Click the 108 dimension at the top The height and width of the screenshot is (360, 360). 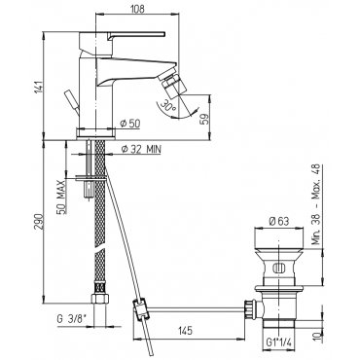pos(138,9)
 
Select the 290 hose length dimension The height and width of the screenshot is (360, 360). pos(39,222)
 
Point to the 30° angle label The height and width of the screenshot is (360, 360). pos(168,105)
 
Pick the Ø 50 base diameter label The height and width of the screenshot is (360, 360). pos(129,124)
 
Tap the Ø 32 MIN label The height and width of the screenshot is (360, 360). pos(140,149)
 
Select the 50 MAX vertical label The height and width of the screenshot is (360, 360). pos(61,197)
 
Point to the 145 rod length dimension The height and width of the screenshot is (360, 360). pos(185,331)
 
